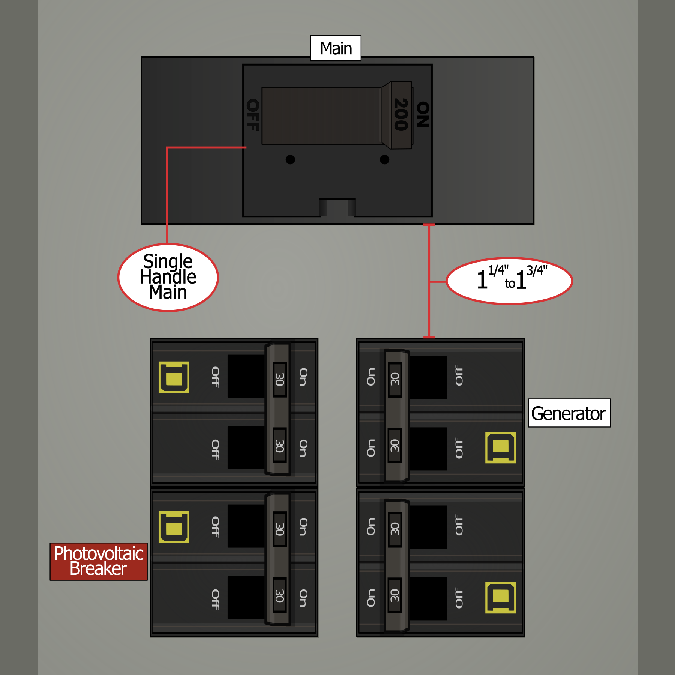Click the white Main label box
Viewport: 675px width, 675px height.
[336, 48]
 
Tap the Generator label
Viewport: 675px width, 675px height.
[569, 413]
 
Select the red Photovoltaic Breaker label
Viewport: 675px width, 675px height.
[99, 561]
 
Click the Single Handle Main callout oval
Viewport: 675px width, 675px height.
[168, 277]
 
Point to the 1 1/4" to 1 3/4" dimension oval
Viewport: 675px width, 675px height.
[509, 281]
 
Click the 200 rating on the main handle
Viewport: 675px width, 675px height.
[401, 114]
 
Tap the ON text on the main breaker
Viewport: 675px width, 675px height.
[423, 114]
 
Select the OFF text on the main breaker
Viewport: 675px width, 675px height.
[252, 115]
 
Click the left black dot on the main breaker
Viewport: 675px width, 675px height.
[290, 159]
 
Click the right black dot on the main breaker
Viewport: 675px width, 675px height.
[384, 159]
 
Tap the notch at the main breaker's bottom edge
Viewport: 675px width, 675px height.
[337, 207]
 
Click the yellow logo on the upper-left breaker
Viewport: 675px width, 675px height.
[174, 377]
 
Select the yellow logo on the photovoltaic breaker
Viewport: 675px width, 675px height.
[174, 527]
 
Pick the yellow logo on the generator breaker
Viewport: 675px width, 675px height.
[501, 448]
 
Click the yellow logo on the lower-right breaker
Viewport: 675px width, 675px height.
[501, 598]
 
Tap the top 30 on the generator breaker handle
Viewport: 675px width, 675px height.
[394, 379]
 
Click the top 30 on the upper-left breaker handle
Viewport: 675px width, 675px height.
[280, 379]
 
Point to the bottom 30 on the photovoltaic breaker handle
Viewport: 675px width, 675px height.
[280, 595]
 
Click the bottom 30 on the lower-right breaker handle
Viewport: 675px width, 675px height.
[394, 595]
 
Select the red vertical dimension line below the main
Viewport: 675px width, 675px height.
[429, 281]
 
